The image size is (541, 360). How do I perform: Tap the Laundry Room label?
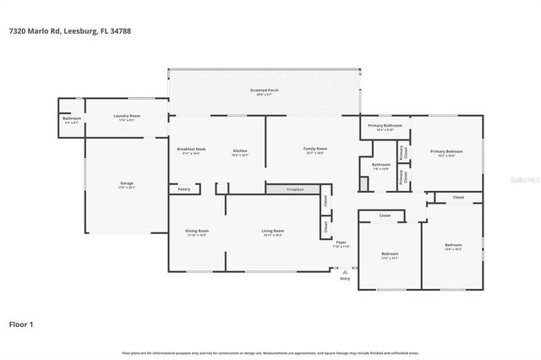[127, 117]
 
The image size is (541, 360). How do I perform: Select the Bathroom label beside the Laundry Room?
[73, 119]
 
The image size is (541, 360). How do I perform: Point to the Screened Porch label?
[264, 90]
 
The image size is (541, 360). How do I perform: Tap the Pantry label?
[183, 189]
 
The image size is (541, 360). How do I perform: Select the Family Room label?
[315, 150]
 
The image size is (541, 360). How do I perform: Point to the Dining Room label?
[197, 232]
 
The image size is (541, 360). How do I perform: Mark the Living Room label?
[272, 232]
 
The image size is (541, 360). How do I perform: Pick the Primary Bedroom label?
[442, 153]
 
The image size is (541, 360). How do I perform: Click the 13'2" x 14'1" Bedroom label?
[389, 255]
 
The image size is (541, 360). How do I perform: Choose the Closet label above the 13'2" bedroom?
[385, 215]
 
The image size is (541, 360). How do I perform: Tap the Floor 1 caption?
[21, 323]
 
